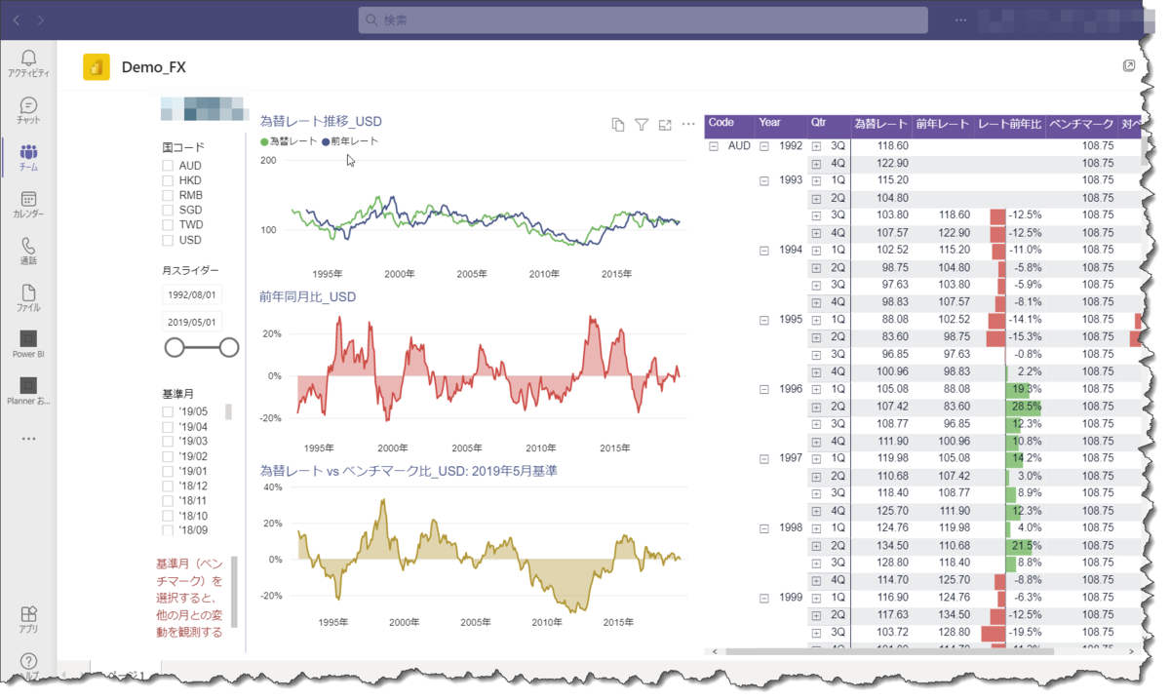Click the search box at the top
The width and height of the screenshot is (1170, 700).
[643, 20]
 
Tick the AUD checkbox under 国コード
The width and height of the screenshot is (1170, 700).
[168, 166]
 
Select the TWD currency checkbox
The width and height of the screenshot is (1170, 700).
[168, 225]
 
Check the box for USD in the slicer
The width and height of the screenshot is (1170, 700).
[168, 240]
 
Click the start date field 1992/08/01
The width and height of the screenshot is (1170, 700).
[193, 294]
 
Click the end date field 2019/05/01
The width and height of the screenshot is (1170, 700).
[193, 322]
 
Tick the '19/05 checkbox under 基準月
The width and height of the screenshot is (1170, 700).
[168, 412]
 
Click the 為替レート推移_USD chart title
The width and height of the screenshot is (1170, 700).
[321, 122]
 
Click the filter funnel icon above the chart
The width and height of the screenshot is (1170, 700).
[642, 125]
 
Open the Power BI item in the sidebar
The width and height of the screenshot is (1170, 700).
[28, 343]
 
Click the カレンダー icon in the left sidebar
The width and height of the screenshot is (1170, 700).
[28, 204]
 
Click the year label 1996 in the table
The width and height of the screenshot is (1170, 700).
[791, 389]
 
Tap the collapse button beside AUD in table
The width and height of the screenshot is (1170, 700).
[714, 146]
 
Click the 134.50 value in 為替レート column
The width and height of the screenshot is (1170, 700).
[892, 546]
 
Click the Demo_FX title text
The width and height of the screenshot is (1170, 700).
[153, 68]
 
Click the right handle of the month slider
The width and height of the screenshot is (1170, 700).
[229, 347]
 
